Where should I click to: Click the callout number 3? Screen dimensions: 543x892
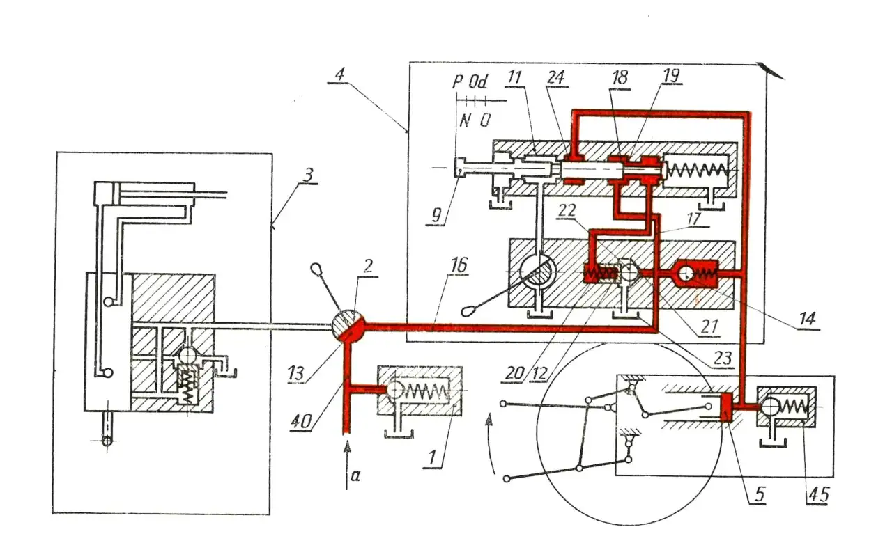coord(307,172)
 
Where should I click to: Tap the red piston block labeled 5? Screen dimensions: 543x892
coord(725,407)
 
